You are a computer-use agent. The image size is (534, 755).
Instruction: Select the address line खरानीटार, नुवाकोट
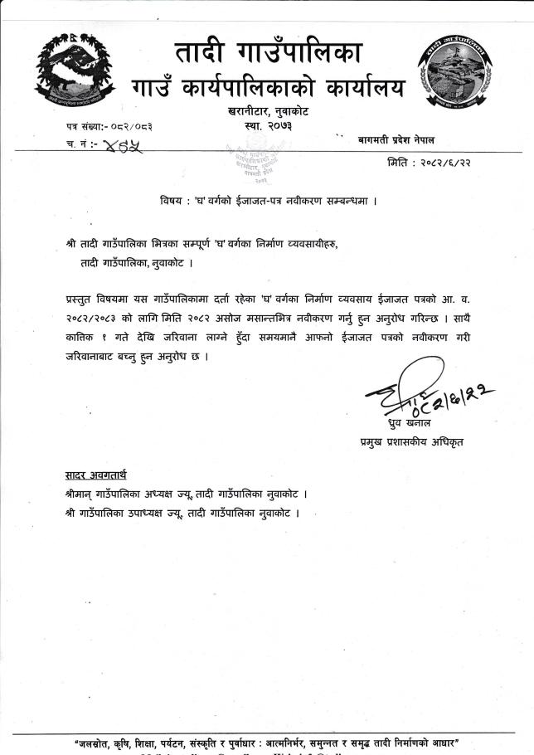(268, 110)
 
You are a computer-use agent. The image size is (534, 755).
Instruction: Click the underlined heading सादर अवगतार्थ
(96, 476)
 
